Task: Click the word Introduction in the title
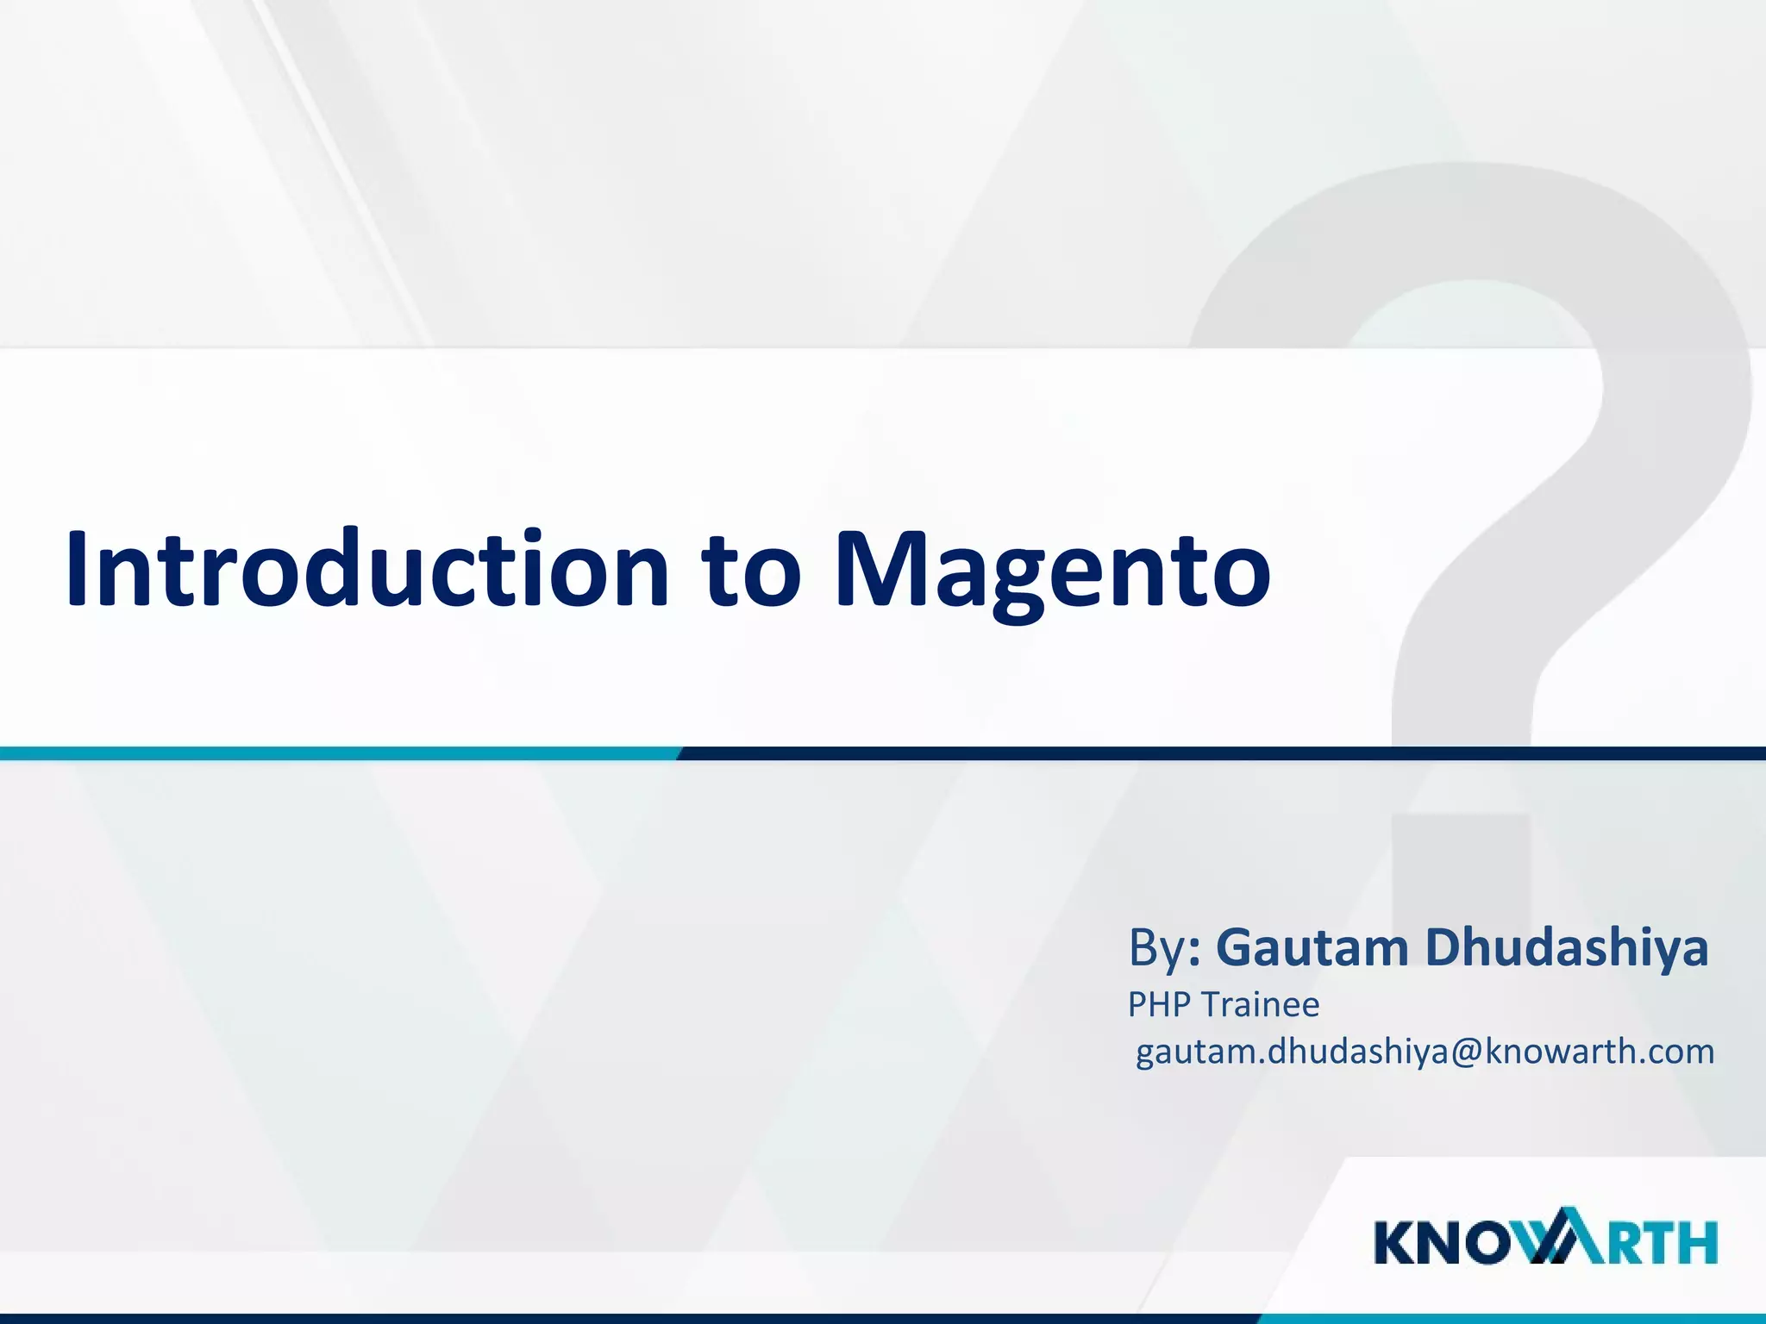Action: (x=367, y=569)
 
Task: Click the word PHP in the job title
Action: (x=1160, y=1005)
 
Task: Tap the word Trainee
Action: (x=1260, y=1005)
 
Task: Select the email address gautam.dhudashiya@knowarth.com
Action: (x=1425, y=1052)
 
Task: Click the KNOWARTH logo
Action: (x=1546, y=1242)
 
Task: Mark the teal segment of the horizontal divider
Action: (x=336, y=753)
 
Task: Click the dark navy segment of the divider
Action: (x=1207, y=753)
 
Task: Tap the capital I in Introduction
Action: (x=79, y=569)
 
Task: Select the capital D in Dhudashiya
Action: (x=1447, y=948)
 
